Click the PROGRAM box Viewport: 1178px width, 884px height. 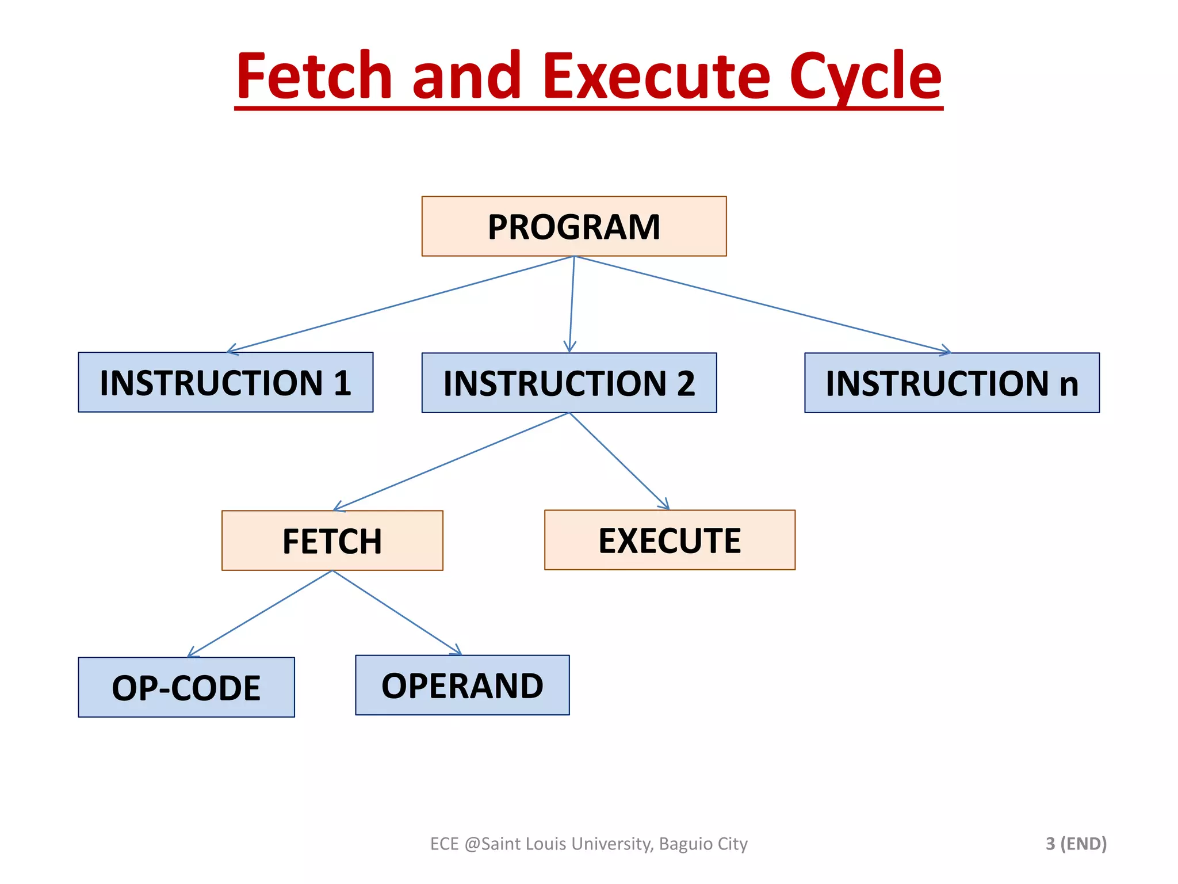click(573, 226)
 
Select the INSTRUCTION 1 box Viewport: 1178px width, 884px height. click(225, 382)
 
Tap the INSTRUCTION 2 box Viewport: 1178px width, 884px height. click(569, 383)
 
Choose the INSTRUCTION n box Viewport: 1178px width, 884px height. click(951, 383)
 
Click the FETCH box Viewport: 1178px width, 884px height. click(332, 540)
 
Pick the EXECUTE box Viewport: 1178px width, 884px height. click(670, 540)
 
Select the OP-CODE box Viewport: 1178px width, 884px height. click(186, 687)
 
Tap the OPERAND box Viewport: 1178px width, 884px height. click(462, 685)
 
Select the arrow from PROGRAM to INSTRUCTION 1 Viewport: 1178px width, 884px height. click(401, 304)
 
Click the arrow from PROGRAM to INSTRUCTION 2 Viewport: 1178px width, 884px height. click(572, 304)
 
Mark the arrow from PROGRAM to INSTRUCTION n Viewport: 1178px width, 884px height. click(762, 304)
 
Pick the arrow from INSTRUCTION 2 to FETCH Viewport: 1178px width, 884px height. click(451, 462)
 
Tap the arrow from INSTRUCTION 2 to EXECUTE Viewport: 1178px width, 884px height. click(619, 462)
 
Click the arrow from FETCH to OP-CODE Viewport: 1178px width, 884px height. click(260, 614)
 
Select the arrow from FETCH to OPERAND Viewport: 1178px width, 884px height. click(397, 613)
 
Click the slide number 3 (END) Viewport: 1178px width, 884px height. click(1076, 843)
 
